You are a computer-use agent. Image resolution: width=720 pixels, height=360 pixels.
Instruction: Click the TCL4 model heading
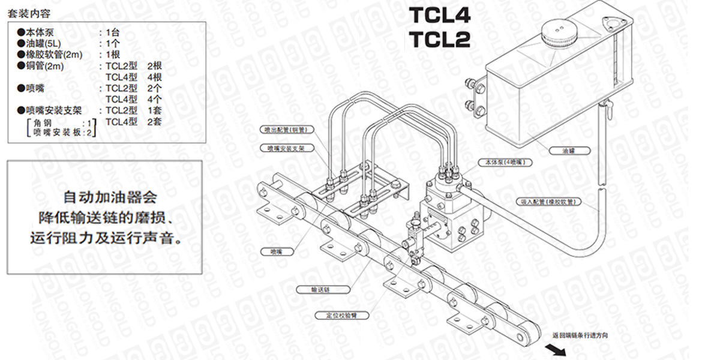pyautogui.click(x=439, y=14)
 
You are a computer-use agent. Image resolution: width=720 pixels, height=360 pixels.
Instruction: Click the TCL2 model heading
pyautogui.click(x=439, y=39)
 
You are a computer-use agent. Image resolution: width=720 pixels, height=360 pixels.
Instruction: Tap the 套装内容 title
pyautogui.click(x=29, y=13)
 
